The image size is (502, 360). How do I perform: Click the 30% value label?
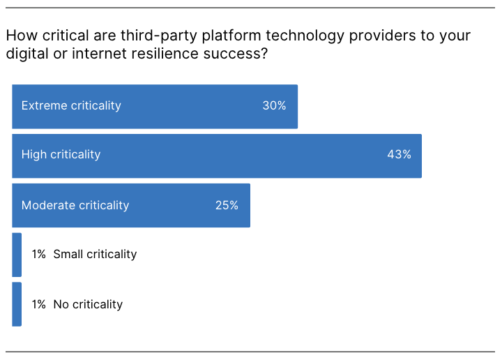pos(274,106)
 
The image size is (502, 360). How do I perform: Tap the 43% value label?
pos(399,155)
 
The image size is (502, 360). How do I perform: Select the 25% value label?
pos(227,205)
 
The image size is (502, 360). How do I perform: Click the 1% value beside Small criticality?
pos(38,255)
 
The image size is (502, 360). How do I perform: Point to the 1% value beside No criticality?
pos(38,304)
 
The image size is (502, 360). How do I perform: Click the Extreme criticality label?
pos(71,106)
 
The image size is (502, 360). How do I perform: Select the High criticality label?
pos(61,155)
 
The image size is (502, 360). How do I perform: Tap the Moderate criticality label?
pos(75,205)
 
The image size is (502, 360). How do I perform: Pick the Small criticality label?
pos(95,255)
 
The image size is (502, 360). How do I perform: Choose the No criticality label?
pos(88,304)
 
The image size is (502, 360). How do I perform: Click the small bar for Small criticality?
pos(17,255)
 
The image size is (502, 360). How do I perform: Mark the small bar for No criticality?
pos(17,304)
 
